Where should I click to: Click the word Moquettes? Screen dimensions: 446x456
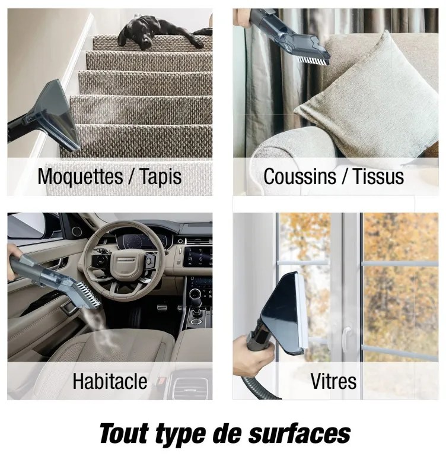[x=80, y=176]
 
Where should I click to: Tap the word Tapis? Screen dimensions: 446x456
[x=161, y=176]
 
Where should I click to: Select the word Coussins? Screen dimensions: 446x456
[x=300, y=176]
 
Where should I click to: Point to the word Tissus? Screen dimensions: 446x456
[x=378, y=176]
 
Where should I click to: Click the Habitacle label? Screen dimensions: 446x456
[x=110, y=381]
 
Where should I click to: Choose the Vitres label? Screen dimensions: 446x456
[x=333, y=381]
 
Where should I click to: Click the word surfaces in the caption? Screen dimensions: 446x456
[x=300, y=433]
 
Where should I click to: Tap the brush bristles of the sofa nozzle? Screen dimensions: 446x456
[x=313, y=60]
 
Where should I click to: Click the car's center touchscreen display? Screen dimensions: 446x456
[x=198, y=256]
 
